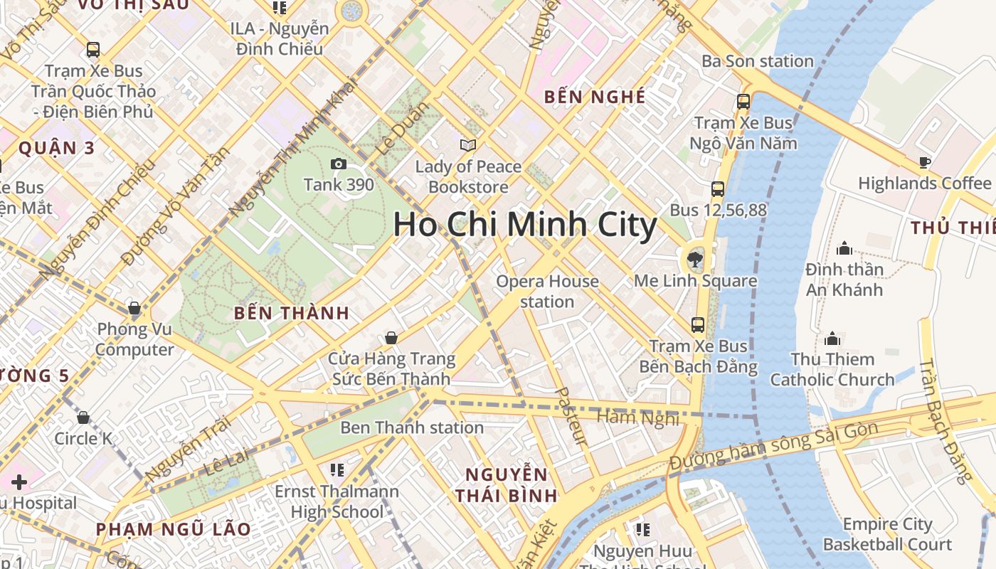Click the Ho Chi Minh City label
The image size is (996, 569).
[525, 225]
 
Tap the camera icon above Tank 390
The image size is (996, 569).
[339, 164]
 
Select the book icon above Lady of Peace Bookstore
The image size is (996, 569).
[467, 146]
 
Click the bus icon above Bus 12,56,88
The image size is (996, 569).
[718, 189]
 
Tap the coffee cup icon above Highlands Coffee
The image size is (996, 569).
[924, 162]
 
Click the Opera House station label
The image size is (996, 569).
[547, 292]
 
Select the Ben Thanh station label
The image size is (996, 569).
[412, 427]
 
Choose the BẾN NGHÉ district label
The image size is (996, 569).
[595, 97]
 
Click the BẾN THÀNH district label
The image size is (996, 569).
[292, 313]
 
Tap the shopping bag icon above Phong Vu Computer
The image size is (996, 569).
[134, 308]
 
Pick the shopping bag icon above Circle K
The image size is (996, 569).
[83, 418]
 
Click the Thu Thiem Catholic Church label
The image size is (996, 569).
[832, 369]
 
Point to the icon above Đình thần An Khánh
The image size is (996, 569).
[844, 248]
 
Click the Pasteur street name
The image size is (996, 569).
[571, 416]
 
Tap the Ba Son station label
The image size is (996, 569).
[757, 61]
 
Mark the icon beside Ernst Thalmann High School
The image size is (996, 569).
[337, 470]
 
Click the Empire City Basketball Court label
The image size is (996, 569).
[887, 535]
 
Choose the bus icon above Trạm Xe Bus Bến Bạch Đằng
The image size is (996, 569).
[698, 325]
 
